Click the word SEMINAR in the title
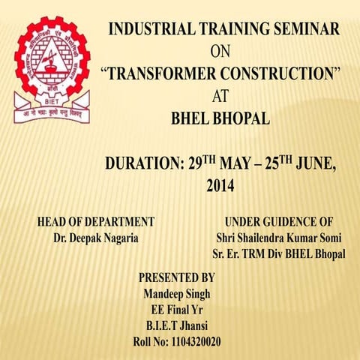click(x=302, y=30)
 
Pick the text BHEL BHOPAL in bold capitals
click(x=220, y=118)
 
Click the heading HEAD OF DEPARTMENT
click(x=96, y=222)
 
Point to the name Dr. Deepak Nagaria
click(x=96, y=238)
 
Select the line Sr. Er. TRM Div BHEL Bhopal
click(x=278, y=255)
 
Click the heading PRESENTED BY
click(x=177, y=277)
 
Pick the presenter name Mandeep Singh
click(x=177, y=292)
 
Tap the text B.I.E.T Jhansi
click(x=177, y=325)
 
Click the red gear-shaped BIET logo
click(x=51, y=66)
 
